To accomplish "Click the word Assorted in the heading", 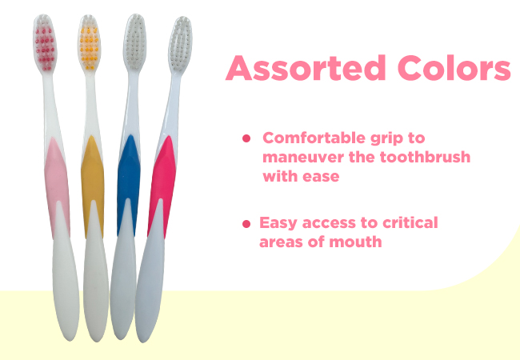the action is click(306, 68).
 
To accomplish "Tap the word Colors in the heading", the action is click(454, 68).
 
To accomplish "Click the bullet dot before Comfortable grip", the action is click(246, 138).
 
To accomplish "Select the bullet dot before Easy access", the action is click(246, 224).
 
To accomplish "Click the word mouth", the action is click(355, 242).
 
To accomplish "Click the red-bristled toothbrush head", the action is click(45, 43).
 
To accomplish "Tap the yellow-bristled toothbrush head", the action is click(90, 43).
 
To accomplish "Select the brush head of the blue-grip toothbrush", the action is click(135, 42).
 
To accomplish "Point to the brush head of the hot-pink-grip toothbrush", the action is click(181, 44).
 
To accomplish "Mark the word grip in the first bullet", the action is click(386, 138).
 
